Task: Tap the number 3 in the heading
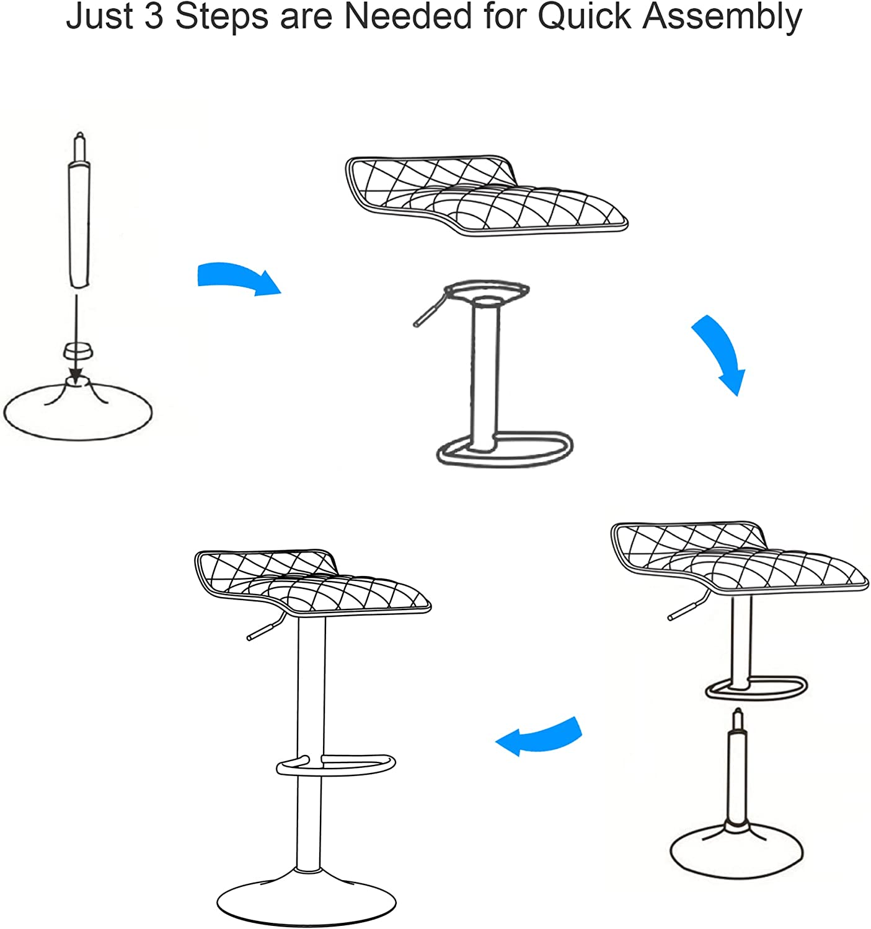click(x=154, y=17)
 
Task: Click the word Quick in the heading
click(x=584, y=17)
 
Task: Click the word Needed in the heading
click(x=407, y=17)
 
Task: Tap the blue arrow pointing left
click(x=539, y=736)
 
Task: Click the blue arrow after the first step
click(x=239, y=277)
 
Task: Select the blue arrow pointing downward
click(x=719, y=353)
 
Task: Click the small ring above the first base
click(x=77, y=351)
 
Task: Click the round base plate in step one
click(x=77, y=411)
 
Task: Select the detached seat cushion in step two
click(x=487, y=195)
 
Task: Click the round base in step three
click(x=736, y=852)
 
